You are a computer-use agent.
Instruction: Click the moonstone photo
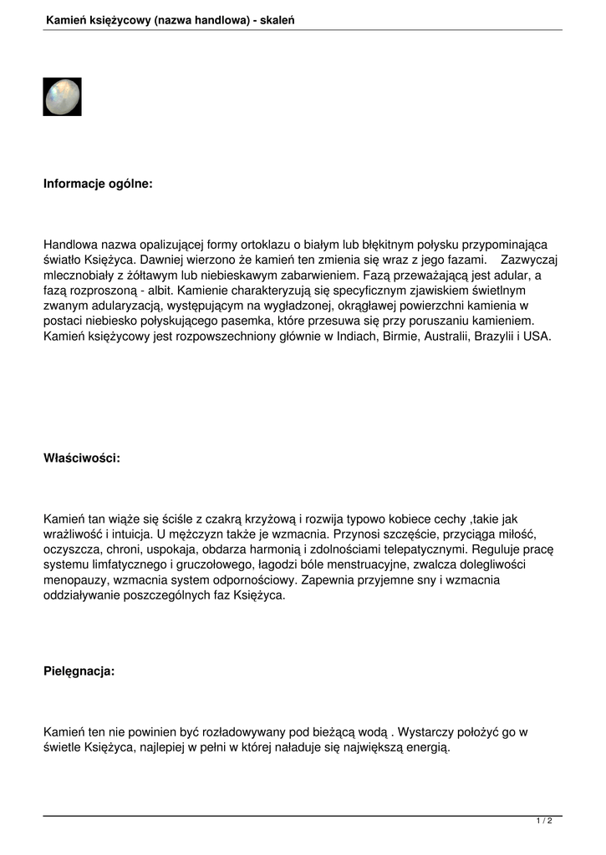point(62,97)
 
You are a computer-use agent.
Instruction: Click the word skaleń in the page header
point(278,18)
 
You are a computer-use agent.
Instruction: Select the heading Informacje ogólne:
point(98,183)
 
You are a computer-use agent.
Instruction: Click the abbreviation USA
point(536,336)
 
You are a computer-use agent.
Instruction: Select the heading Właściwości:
point(82,458)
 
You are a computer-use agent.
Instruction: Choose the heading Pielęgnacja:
point(79,670)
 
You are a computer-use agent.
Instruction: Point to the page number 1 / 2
point(543,822)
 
